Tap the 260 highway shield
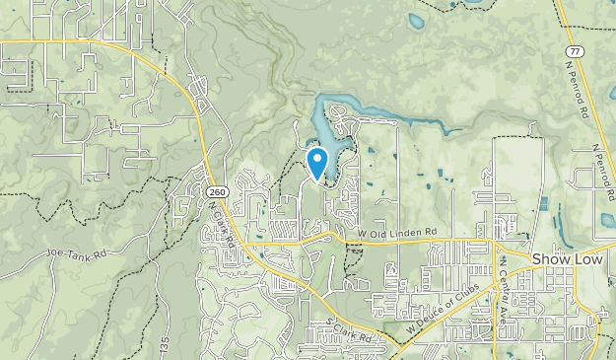[x=217, y=191]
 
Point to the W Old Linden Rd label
[x=396, y=233]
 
